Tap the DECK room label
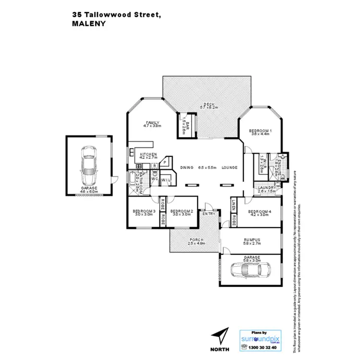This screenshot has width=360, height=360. point(208,104)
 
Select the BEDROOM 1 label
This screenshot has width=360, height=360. point(260,131)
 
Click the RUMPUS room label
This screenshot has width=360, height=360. point(252,240)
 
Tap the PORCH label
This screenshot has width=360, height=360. point(196,240)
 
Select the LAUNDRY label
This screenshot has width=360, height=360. point(267,188)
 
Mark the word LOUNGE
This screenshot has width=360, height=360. point(229,168)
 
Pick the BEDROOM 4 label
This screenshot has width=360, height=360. point(260,211)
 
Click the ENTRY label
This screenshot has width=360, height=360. point(209,214)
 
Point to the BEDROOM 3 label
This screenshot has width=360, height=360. point(144,211)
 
